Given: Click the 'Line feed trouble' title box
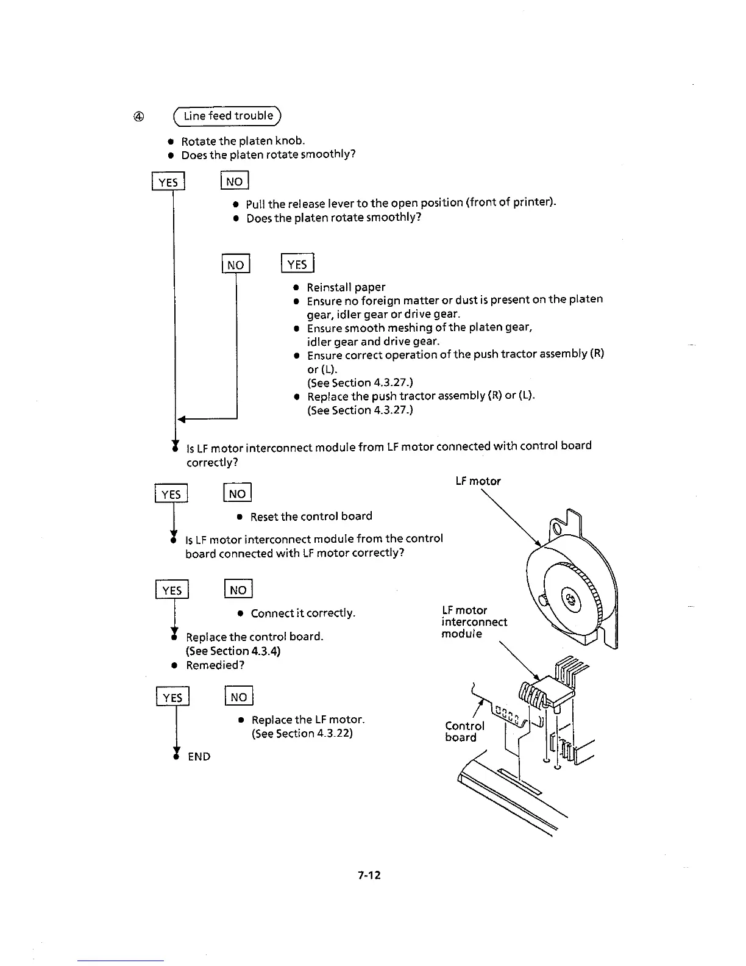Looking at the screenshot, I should pyautogui.click(x=228, y=116).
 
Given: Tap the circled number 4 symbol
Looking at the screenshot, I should pyautogui.click(x=139, y=116).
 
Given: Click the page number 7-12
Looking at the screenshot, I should pyautogui.click(x=369, y=875).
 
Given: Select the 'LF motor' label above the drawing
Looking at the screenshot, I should pyautogui.click(x=478, y=481).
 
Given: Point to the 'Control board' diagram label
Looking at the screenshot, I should pyautogui.click(x=465, y=731).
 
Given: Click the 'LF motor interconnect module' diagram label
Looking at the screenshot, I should pyautogui.click(x=474, y=621).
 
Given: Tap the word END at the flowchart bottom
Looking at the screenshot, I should pyautogui.click(x=199, y=757).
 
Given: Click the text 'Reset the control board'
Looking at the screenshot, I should pyautogui.click(x=311, y=517).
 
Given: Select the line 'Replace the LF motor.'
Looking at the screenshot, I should pyautogui.click(x=308, y=720).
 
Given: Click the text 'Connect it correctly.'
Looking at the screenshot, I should pyautogui.click(x=303, y=613).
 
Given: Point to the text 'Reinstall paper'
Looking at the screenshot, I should pyautogui.click(x=346, y=287).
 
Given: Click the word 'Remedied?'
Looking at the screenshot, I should pyautogui.click(x=215, y=665).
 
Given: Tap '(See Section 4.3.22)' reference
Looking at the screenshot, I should pyautogui.click(x=302, y=734).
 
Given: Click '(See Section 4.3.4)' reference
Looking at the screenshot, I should pyautogui.click(x=233, y=651).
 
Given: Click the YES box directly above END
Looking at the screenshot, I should pyautogui.click(x=173, y=697).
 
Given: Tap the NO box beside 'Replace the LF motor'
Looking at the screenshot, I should pyautogui.click(x=239, y=697).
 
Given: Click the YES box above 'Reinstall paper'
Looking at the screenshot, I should pyautogui.click(x=297, y=264).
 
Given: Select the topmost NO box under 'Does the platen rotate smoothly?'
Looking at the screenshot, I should pyautogui.click(x=234, y=182).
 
